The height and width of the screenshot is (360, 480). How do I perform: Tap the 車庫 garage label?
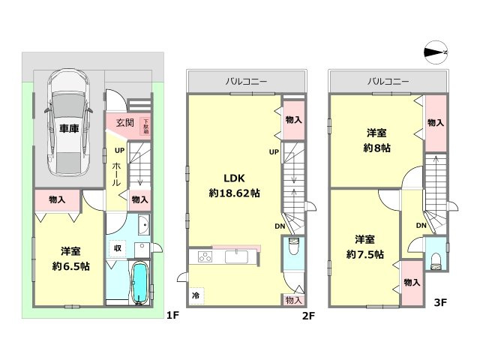point(69,128)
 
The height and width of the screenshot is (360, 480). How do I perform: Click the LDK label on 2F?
point(230,178)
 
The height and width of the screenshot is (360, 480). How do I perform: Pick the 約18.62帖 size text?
point(234,193)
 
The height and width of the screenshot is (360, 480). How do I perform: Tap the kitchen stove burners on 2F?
point(205,258)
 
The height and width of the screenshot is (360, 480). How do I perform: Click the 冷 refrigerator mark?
point(195,295)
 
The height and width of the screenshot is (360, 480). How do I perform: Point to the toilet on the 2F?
point(293,247)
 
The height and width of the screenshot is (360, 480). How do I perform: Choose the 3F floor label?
point(440,303)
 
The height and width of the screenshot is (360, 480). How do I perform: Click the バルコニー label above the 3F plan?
point(388,80)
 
